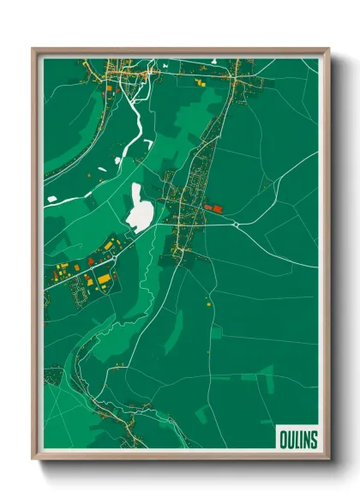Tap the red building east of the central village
215,207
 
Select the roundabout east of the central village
236,224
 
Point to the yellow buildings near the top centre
199,83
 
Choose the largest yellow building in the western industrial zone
103,279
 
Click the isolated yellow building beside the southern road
208,303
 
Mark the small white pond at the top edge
212,62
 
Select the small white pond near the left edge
52,199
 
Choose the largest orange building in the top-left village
109,87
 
